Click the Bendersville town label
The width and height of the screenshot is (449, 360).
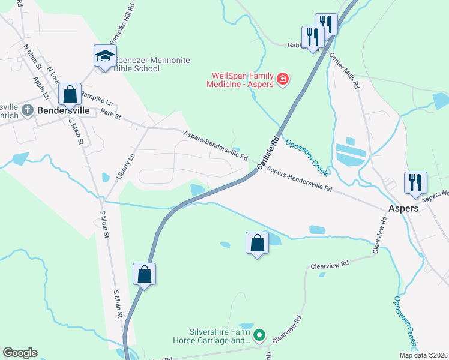click(x=64, y=111)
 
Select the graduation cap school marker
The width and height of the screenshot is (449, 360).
click(x=105, y=57)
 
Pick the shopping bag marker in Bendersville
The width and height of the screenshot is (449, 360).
click(x=70, y=94)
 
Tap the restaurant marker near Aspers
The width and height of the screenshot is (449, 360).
click(x=415, y=182)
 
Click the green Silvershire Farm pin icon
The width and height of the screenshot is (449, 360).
click(x=259, y=335)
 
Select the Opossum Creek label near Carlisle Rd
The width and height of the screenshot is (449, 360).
click(x=306, y=158)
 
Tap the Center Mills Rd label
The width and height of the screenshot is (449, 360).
click(x=344, y=71)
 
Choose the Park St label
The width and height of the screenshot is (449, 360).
click(x=111, y=113)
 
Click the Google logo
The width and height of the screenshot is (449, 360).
click(x=20, y=353)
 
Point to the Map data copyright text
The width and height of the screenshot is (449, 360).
click(x=423, y=355)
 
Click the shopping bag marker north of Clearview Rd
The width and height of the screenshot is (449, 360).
click(x=257, y=243)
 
